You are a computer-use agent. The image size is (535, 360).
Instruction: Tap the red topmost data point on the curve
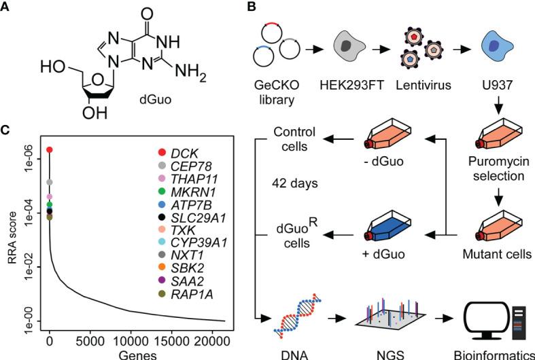pyautogui.click(x=50, y=149)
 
